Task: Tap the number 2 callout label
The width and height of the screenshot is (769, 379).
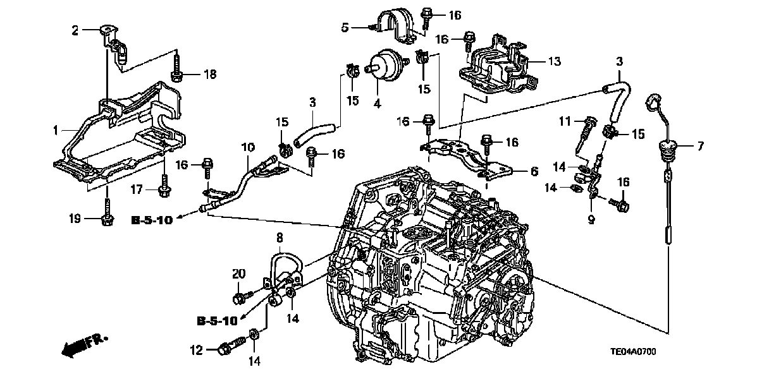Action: [x=74, y=30]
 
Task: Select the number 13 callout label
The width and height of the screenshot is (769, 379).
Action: [x=555, y=62]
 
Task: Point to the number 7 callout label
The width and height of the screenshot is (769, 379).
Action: [x=700, y=147]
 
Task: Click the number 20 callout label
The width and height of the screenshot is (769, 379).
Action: [x=238, y=274]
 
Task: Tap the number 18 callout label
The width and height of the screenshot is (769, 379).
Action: [x=210, y=75]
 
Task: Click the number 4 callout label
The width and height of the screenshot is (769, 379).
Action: [x=378, y=102]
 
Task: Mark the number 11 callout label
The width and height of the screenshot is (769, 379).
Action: [x=565, y=121]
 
